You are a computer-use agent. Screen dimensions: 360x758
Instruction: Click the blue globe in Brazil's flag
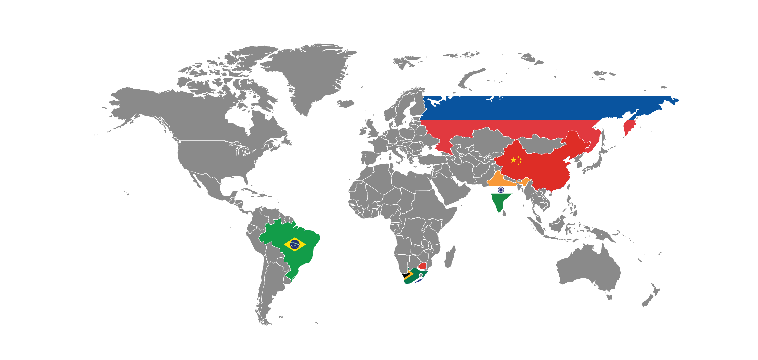pos(295,244)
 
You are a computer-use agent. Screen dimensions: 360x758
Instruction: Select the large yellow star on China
pos(513,160)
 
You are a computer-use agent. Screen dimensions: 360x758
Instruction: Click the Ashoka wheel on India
pos(501,190)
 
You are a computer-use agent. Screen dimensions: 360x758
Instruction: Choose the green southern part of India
pos(499,202)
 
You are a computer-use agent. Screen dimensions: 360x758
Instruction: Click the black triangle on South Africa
pos(406,275)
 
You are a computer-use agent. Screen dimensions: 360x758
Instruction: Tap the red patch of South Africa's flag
pos(422,266)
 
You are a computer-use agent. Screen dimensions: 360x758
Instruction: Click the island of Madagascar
pos(449,257)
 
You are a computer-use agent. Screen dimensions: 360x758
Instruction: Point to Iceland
pos(346,104)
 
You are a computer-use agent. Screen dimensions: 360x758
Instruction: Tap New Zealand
pos(650,298)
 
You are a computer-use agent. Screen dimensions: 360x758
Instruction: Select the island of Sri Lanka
pos(504,213)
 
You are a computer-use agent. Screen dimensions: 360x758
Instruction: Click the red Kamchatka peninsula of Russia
pos(629,127)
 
